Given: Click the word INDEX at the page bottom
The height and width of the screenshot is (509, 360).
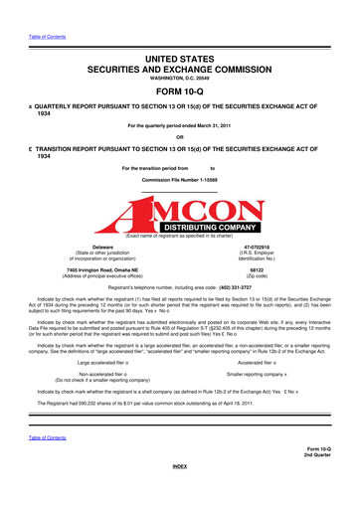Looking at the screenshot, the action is point(179,493).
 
